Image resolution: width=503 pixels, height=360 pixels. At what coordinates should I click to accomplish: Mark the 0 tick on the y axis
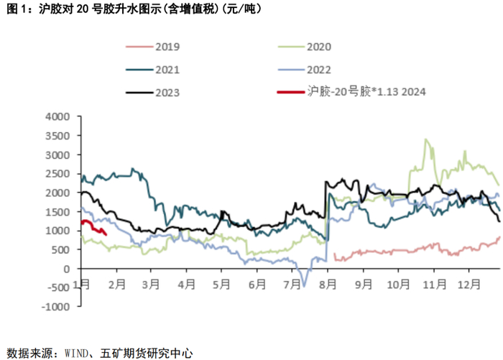click(x=65, y=269)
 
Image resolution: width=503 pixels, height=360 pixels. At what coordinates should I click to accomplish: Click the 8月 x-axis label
click(x=328, y=284)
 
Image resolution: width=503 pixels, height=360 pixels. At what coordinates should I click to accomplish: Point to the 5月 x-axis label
click(x=221, y=284)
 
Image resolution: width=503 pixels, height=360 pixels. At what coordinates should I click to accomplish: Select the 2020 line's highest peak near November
click(x=427, y=139)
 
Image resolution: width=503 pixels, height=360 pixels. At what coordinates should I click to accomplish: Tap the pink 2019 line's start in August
click(x=335, y=254)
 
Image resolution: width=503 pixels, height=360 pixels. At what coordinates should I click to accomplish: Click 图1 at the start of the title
click(x=16, y=9)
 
